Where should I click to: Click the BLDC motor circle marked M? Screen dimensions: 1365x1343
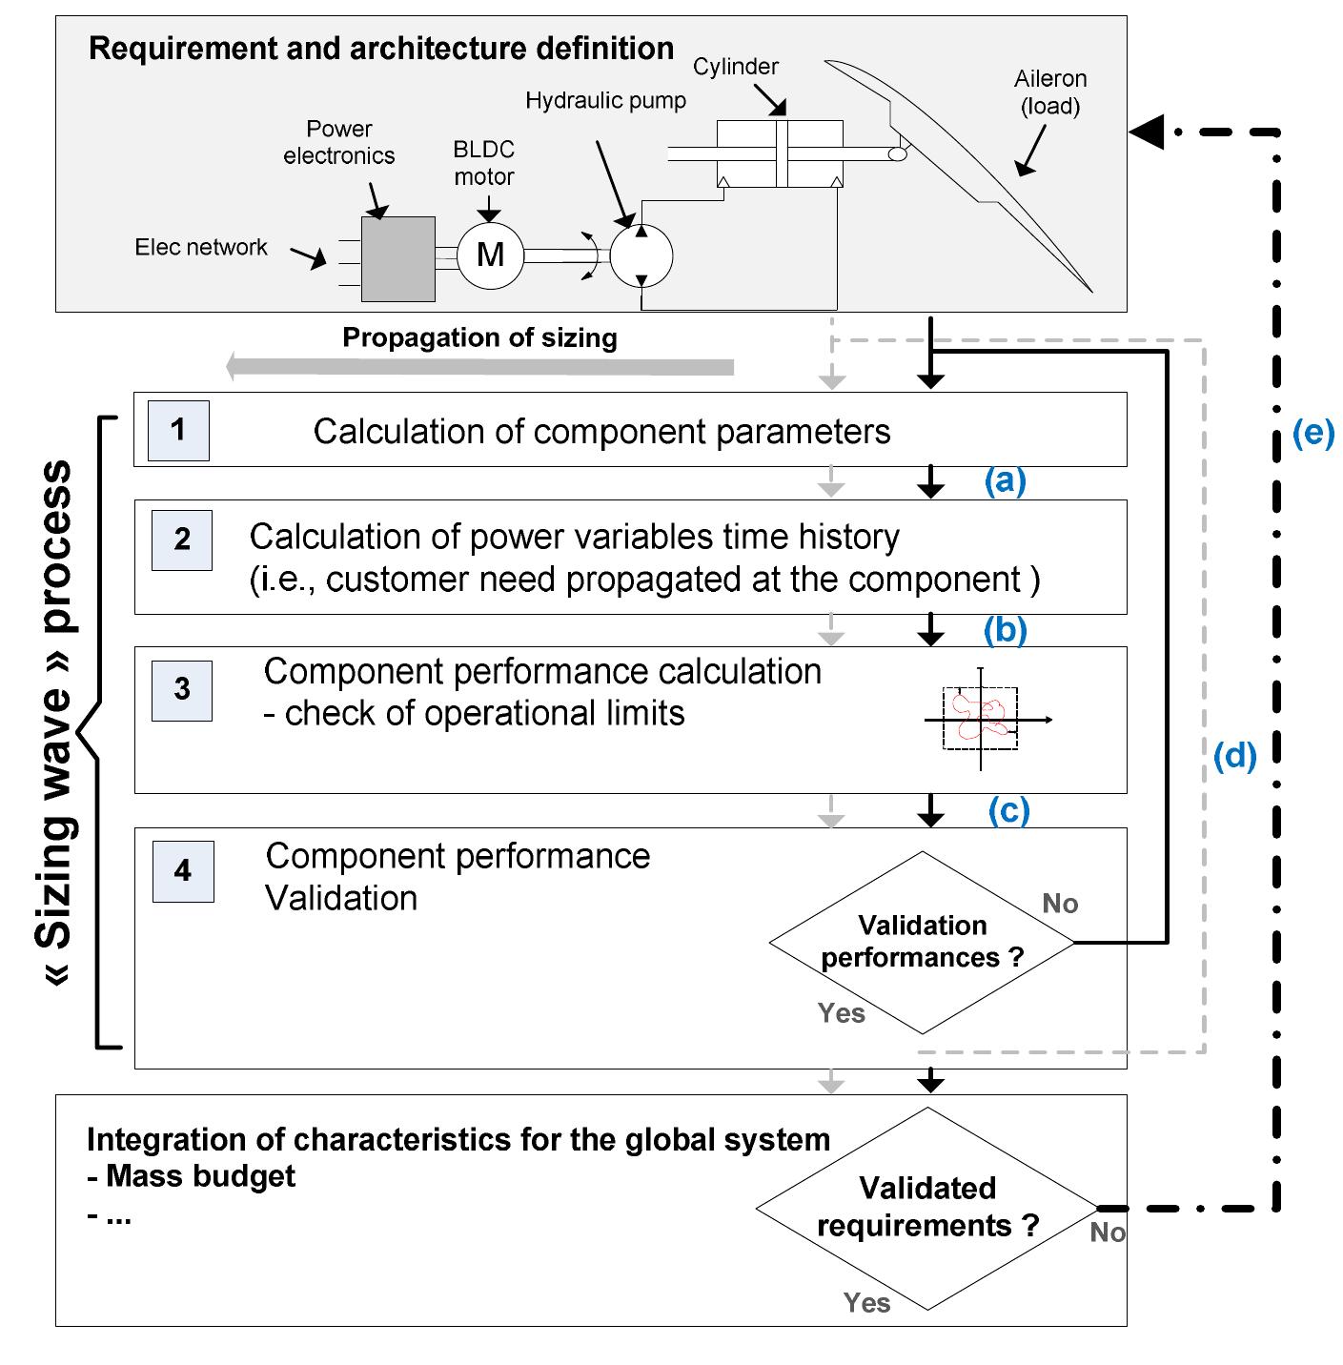[x=490, y=255]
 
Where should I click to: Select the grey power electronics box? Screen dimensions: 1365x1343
[x=398, y=258]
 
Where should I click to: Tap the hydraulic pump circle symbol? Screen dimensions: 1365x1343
[x=641, y=255]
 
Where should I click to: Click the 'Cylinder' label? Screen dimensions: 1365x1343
[x=735, y=67]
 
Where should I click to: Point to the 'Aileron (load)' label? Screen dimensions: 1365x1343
[x=1049, y=92]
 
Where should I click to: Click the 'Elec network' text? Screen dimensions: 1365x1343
[x=201, y=248]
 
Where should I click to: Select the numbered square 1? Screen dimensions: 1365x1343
[x=178, y=430]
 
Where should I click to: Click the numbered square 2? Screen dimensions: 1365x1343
[x=181, y=540]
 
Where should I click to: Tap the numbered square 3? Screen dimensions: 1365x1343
[x=181, y=690]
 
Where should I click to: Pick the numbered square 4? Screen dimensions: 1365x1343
[x=183, y=871]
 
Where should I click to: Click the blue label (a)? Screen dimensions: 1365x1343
[x=1005, y=480]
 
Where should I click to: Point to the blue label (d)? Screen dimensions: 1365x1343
[x=1234, y=756]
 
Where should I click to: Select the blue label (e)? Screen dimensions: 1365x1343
[x=1312, y=433]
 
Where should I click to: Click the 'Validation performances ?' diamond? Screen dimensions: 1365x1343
[x=922, y=942]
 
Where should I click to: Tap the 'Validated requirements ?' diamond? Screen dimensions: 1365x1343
[x=926, y=1208]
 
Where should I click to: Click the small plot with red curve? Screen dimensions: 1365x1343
[x=982, y=718]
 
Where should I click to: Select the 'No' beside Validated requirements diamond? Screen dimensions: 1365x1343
[x=1108, y=1233]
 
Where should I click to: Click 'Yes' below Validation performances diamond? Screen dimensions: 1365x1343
[x=841, y=1013]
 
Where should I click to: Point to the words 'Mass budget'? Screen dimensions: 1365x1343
[x=200, y=1176]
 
